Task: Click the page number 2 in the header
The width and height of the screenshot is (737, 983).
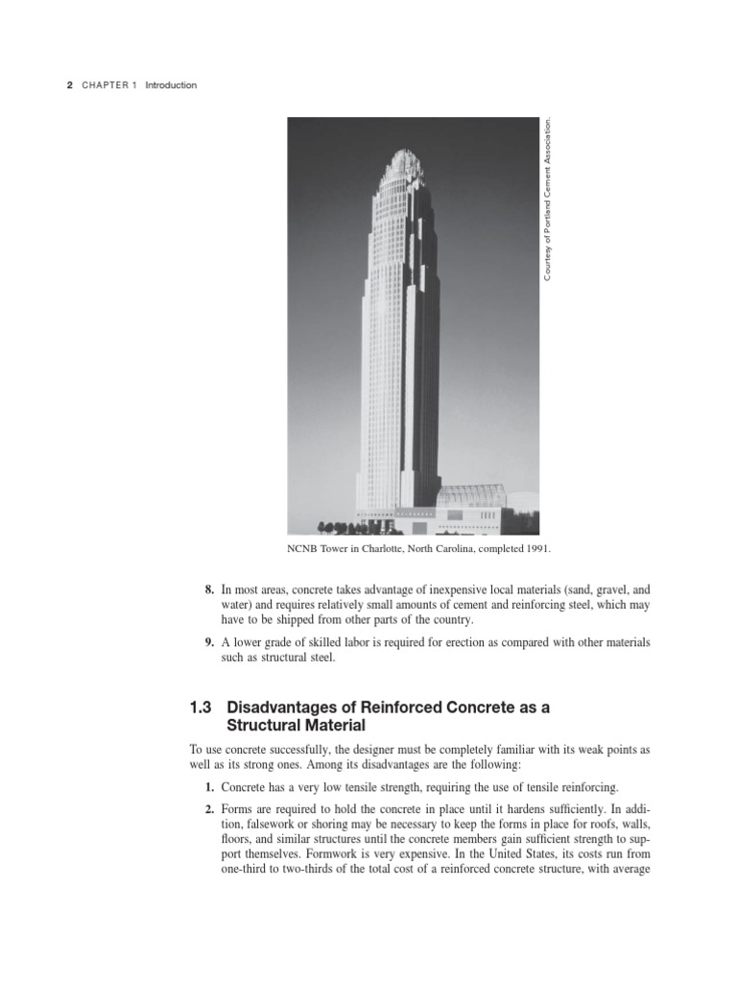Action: click(69, 85)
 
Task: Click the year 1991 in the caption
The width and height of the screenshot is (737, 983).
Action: click(535, 549)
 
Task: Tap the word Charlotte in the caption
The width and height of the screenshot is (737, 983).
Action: click(383, 549)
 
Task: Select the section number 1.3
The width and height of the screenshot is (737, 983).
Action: click(203, 707)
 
